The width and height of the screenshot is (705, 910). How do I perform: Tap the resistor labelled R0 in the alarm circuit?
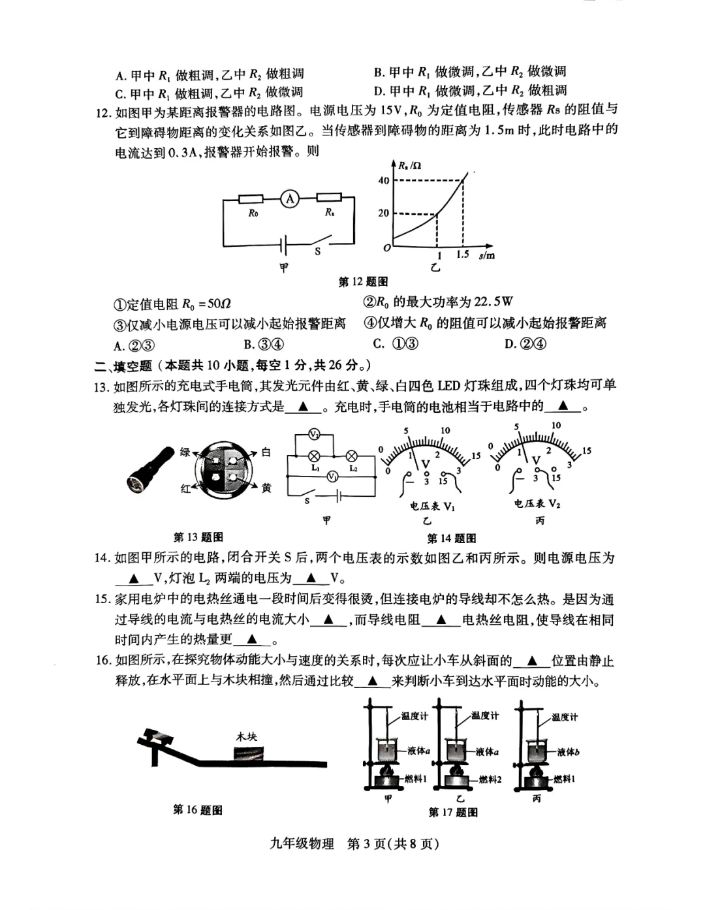[x=251, y=198]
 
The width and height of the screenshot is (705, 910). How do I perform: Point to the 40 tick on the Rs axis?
[x=384, y=181]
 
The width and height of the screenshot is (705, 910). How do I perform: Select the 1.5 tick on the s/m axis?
[x=463, y=254]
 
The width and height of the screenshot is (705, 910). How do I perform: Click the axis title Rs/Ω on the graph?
[x=410, y=165]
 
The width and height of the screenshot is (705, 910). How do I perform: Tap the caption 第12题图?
[x=363, y=281]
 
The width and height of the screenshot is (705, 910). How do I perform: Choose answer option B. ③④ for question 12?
[x=264, y=344]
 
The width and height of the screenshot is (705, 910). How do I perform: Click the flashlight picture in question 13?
[x=149, y=469]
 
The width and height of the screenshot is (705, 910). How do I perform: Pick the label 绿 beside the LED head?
[x=185, y=452]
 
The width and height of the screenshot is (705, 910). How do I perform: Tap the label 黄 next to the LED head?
[x=266, y=488]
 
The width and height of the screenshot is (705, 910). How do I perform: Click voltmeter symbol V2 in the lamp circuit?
[x=314, y=434]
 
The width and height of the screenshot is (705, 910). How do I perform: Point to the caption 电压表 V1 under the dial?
[x=432, y=506]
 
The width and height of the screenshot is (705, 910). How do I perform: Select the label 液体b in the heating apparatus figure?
[x=568, y=752]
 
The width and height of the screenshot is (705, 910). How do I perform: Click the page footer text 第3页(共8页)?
[x=392, y=843]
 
